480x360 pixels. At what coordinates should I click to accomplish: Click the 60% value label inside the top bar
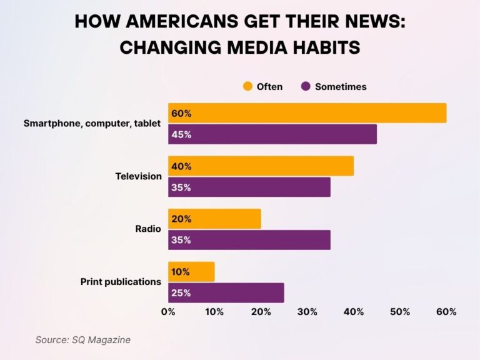coord(181,113)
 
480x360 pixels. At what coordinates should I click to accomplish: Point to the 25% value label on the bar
coord(181,293)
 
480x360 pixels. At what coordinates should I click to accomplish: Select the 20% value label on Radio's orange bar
coord(181,219)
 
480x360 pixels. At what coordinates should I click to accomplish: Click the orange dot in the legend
coord(247,86)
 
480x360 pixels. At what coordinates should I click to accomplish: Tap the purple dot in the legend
coord(306,86)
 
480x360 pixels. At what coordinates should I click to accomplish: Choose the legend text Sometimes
coord(341,87)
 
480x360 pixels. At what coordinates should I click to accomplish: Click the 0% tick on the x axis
coord(168,312)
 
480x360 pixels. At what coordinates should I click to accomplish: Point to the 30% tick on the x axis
coord(307,312)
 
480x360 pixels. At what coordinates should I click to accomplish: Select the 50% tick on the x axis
coord(400,312)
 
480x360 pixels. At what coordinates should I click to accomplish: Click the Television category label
coord(138,176)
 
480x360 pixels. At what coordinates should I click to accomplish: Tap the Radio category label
coord(148,229)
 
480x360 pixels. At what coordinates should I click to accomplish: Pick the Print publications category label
coord(121,282)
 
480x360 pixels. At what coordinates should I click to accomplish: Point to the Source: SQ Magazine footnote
coord(82,339)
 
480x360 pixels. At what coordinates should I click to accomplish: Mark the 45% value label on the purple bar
coord(181,134)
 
